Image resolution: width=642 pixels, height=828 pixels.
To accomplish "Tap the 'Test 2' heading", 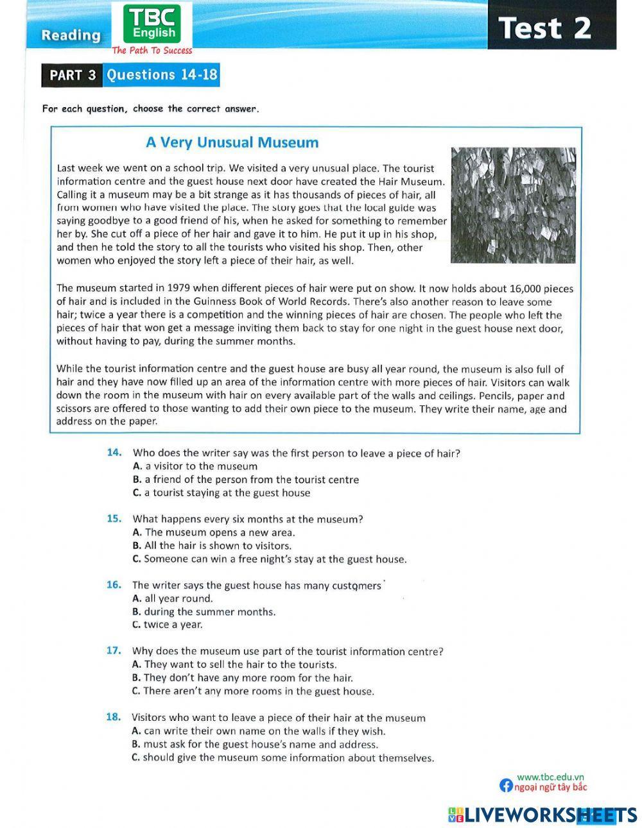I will click(x=544, y=28).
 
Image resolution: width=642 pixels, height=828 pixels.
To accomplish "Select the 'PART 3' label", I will click(x=73, y=75).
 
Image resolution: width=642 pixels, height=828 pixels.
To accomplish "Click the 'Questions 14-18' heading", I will click(x=162, y=75).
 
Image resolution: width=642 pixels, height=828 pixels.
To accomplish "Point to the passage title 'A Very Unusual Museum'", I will click(x=232, y=142).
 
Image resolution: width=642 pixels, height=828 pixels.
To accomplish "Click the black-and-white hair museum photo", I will click(x=512, y=205).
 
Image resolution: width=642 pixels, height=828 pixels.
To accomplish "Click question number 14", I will click(x=114, y=452).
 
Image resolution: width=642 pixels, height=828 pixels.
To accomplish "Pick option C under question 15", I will click(x=269, y=559).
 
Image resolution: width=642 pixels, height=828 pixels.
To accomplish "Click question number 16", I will click(x=114, y=585).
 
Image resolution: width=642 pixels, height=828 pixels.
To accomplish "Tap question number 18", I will click(x=114, y=718).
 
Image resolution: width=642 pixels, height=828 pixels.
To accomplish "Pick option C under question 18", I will click(x=282, y=758).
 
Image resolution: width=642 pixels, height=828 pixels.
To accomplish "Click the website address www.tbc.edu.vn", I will click(x=550, y=777).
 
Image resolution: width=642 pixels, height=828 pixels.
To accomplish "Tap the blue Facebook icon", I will click(x=506, y=786).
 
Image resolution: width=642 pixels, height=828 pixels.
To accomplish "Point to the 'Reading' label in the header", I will click(x=71, y=35).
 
